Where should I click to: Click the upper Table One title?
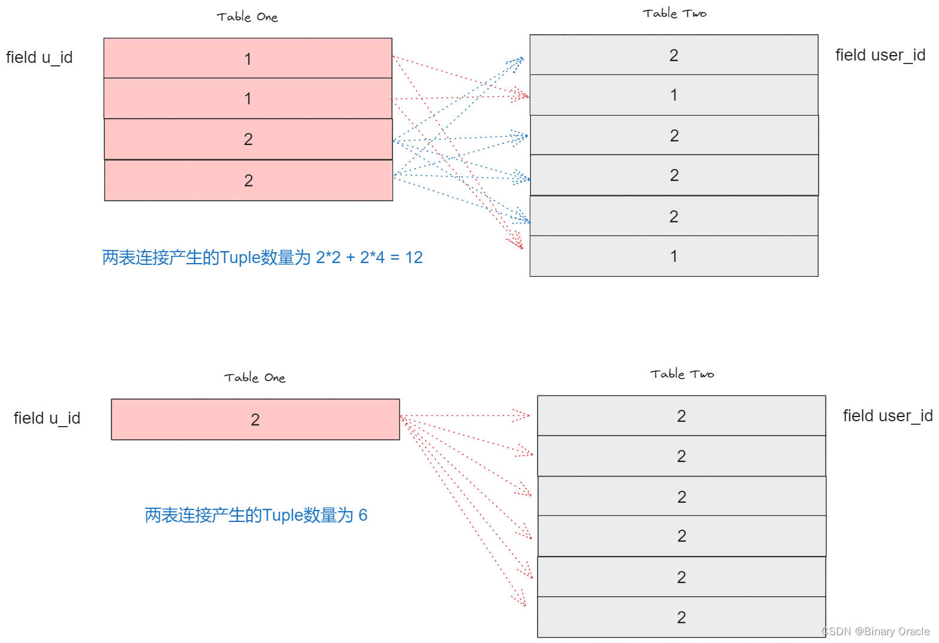pos(247,17)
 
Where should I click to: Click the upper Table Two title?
pos(674,13)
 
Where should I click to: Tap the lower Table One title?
pos(255,378)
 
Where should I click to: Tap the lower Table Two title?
pos(682,374)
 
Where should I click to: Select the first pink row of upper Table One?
pos(247,59)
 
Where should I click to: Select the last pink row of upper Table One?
pos(248,180)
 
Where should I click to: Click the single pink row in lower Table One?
pos(255,419)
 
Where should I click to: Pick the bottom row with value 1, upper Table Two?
pos(674,256)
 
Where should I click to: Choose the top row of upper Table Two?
pos(674,55)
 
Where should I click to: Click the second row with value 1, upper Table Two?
pos(674,95)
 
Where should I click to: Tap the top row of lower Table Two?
pos(681,416)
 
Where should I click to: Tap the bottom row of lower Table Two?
pos(681,617)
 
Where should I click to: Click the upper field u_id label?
pos(39,58)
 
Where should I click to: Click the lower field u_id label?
pos(47,418)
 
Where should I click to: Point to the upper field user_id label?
pos(880,55)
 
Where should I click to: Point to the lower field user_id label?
pos(887,416)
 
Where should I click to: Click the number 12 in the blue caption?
pos(414,258)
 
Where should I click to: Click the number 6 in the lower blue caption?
pos(363,515)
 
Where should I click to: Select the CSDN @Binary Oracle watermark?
pos(875,632)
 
